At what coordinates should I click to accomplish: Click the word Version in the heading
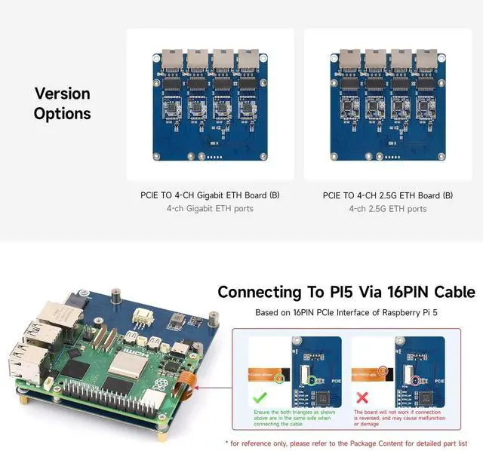pos(62,94)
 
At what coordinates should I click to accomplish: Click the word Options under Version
pos(62,114)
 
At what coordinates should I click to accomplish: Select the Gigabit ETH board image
pos(210,104)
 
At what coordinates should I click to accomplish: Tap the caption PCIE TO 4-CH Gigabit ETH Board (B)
pos(210,195)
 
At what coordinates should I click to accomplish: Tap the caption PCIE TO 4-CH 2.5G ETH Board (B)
pos(388,195)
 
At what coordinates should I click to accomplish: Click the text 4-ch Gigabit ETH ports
pos(210,208)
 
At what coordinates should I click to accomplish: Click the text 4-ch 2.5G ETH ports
pos(388,208)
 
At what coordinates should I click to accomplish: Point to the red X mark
pos(361,396)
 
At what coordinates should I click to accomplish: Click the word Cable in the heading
pos(451,292)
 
